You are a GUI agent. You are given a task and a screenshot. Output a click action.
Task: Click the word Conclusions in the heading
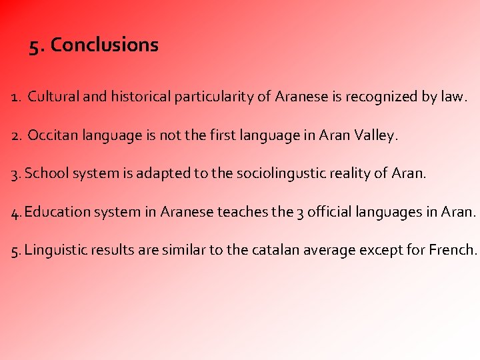[105, 45]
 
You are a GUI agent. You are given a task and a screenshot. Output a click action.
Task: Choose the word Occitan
[50, 136]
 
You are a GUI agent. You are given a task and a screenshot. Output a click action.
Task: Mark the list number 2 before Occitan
[15, 136]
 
